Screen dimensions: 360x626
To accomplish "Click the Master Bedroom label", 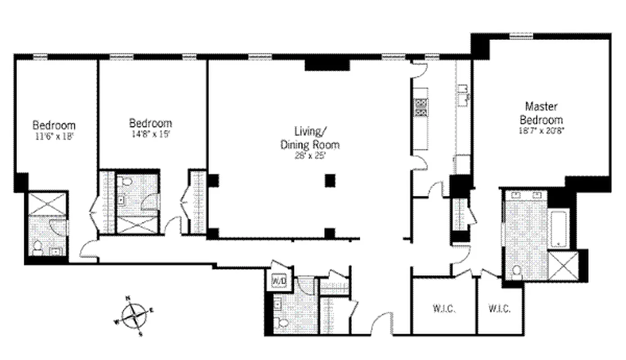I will click(541, 113).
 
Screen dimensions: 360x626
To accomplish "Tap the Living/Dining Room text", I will click(310, 138).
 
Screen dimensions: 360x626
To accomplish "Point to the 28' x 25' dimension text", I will click(310, 156).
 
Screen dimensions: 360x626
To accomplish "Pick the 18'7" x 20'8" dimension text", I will click(541, 130).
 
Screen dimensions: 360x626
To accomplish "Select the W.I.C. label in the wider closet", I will click(445, 309).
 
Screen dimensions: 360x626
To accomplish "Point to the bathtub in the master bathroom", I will click(560, 228).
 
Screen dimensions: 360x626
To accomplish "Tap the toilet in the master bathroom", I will click(517, 271).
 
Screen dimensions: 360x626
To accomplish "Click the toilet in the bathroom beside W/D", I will click(283, 323).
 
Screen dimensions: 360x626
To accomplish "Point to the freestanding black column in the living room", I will click(330, 180).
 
